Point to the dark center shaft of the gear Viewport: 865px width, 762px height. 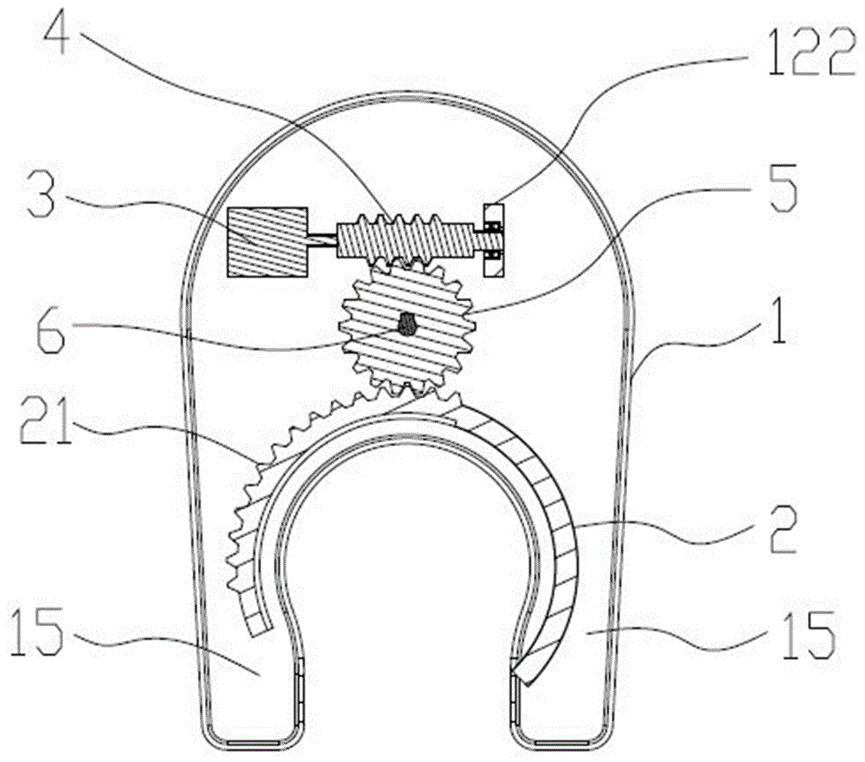tap(407, 323)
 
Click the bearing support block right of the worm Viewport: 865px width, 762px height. tap(493, 240)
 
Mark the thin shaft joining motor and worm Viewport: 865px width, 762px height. tap(322, 239)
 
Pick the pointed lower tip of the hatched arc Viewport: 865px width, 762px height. tap(528, 686)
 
